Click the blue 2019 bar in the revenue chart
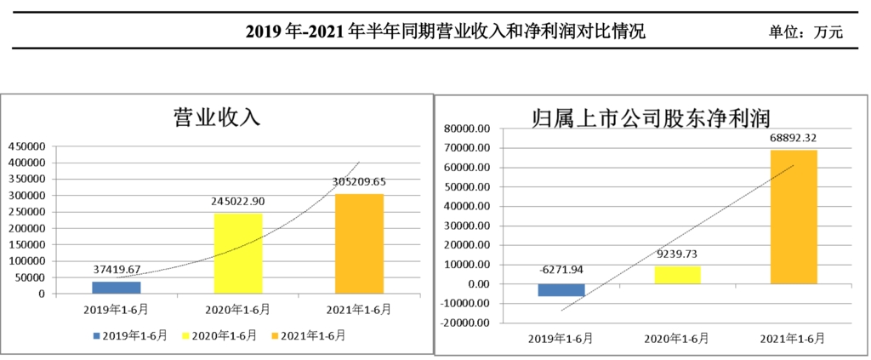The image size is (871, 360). (117, 288)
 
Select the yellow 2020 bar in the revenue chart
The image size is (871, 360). (237, 254)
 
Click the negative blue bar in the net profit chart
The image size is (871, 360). (561, 289)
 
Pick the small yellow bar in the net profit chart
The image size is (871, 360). (677, 275)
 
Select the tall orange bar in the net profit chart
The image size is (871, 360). (793, 217)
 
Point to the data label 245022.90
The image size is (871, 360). (238, 202)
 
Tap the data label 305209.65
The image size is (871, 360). (359, 181)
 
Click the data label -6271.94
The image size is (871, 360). (561, 270)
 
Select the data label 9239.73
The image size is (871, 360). (678, 253)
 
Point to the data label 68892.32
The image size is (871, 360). (793, 137)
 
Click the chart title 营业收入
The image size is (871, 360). (217, 117)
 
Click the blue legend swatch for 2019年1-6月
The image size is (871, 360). (97, 335)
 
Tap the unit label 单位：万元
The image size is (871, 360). (804, 32)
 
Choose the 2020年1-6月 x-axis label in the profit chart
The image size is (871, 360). (678, 338)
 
